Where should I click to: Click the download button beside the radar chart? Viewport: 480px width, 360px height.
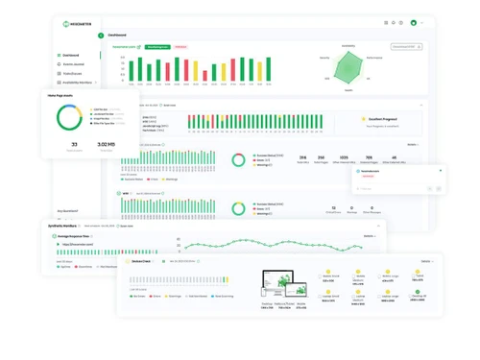[406, 45]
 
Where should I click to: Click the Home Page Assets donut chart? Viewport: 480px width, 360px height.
[68, 117]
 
